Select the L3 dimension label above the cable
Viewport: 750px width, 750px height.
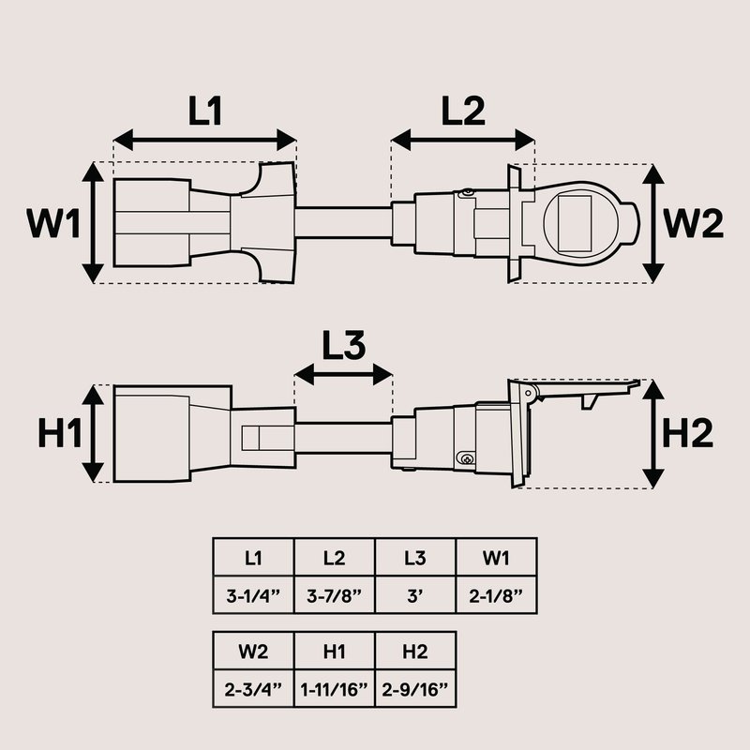pyautogui.click(x=343, y=346)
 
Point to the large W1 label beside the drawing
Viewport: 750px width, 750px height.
pyautogui.click(x=52, y=223)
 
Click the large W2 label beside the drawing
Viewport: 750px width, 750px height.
pyautogui.click(x=693, y=223)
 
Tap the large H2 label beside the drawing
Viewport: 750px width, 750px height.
pyautogui.click(x=688, y=434)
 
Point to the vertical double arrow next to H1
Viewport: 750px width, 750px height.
pyautogui.click(x=93, y=434)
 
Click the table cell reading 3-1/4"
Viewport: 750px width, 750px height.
pyautogui.click(x=253, y=594)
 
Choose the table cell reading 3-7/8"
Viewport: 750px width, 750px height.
pyautogui.click(x=334, y=594)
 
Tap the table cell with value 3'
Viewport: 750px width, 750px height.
pyautogui.click(x=414, y=594)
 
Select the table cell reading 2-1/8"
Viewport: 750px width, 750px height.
pyautogui.click(x=496, y=594)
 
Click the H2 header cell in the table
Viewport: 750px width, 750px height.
pyautogui.click(x=415, y=651)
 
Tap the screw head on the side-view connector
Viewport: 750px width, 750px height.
pyautogui.click(x=465, y=457)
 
